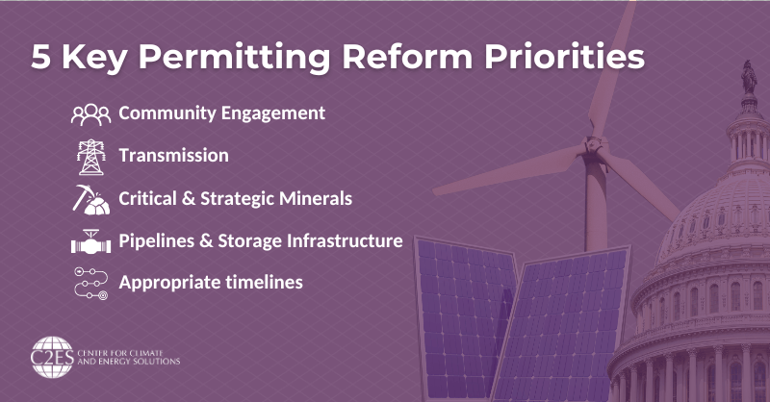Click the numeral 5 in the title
[41, 56]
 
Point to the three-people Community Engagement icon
[90, 114]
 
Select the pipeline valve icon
[90, 240]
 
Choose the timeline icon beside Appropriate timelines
[90, 283]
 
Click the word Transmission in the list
[173, 155]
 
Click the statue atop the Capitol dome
[747, 78]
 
